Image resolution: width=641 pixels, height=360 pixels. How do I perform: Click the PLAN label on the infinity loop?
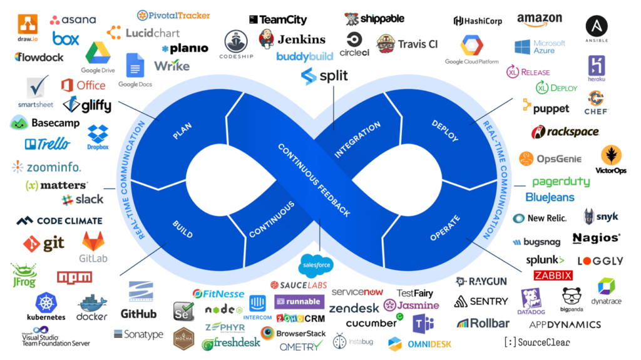pyautogui.click(x=182, y=130)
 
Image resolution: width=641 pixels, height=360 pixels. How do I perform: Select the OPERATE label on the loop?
pyautogui.click(x=445, y=228)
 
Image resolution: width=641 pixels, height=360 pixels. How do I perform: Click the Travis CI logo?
pyautogui.click(x=408, y=44)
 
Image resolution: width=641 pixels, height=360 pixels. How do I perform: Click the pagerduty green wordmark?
pyautogui.click(x=561, y=182)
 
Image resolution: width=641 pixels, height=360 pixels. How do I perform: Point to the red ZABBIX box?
pyautogui.click(x=553, y=275)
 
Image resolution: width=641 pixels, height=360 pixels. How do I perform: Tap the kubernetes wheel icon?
pyautogui.click(x=47, y=303)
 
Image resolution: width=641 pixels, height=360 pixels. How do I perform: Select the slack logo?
pyautogui.click(x=83, y=200)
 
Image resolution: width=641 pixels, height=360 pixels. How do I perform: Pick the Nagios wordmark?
pyautogui.click(x=597, y=238)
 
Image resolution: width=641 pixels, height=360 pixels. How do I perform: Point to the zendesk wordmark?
pyautogui.click(x=354, y=308)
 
